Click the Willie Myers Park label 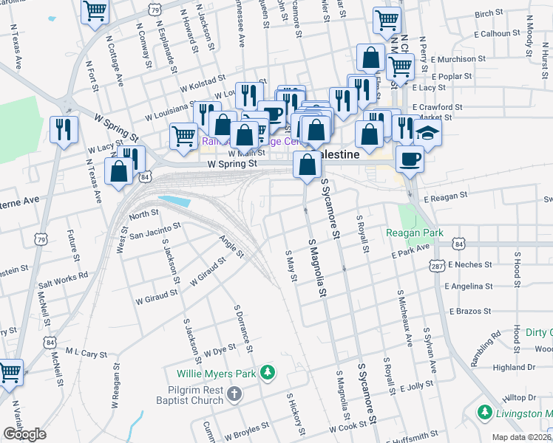tap(216, 374)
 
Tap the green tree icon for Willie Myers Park tap(271, 371)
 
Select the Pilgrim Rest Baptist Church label tap(190, 395)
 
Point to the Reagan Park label tap(415, 233)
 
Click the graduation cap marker tap(427, 134)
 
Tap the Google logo tap(24, 434)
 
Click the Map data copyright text tap(522, 437)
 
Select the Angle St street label tap(231, 247)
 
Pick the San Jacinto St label tap(155, 231)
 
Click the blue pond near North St tap(174, 201)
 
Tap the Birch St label tap(489, 13)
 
